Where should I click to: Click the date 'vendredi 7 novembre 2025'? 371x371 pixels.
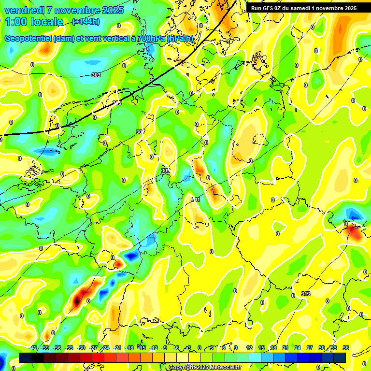(64, 10)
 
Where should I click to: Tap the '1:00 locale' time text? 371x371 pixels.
(34, 22)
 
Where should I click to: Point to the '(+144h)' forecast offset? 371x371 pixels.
(86, 21)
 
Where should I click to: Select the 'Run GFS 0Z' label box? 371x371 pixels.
(303, 8)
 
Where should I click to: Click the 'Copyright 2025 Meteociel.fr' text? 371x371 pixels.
(204, 367)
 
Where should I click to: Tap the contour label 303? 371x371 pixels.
(96, 75)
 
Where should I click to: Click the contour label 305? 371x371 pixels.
(117, 103)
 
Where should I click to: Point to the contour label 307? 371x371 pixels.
(140, 132)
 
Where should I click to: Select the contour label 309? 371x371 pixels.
(166, 171)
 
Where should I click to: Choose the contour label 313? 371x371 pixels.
(305, 294)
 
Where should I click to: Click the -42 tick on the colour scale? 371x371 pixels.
(33, 348)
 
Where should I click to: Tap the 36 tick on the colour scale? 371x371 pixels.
(346, 348)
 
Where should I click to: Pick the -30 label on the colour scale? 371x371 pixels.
(82, 348)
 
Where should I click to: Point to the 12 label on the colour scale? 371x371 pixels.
(249, 348)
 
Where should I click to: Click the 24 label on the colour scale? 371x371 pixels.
(298, 348)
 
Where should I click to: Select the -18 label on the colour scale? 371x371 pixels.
(129, 348)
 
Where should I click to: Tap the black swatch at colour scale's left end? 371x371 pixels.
(26, 357)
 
